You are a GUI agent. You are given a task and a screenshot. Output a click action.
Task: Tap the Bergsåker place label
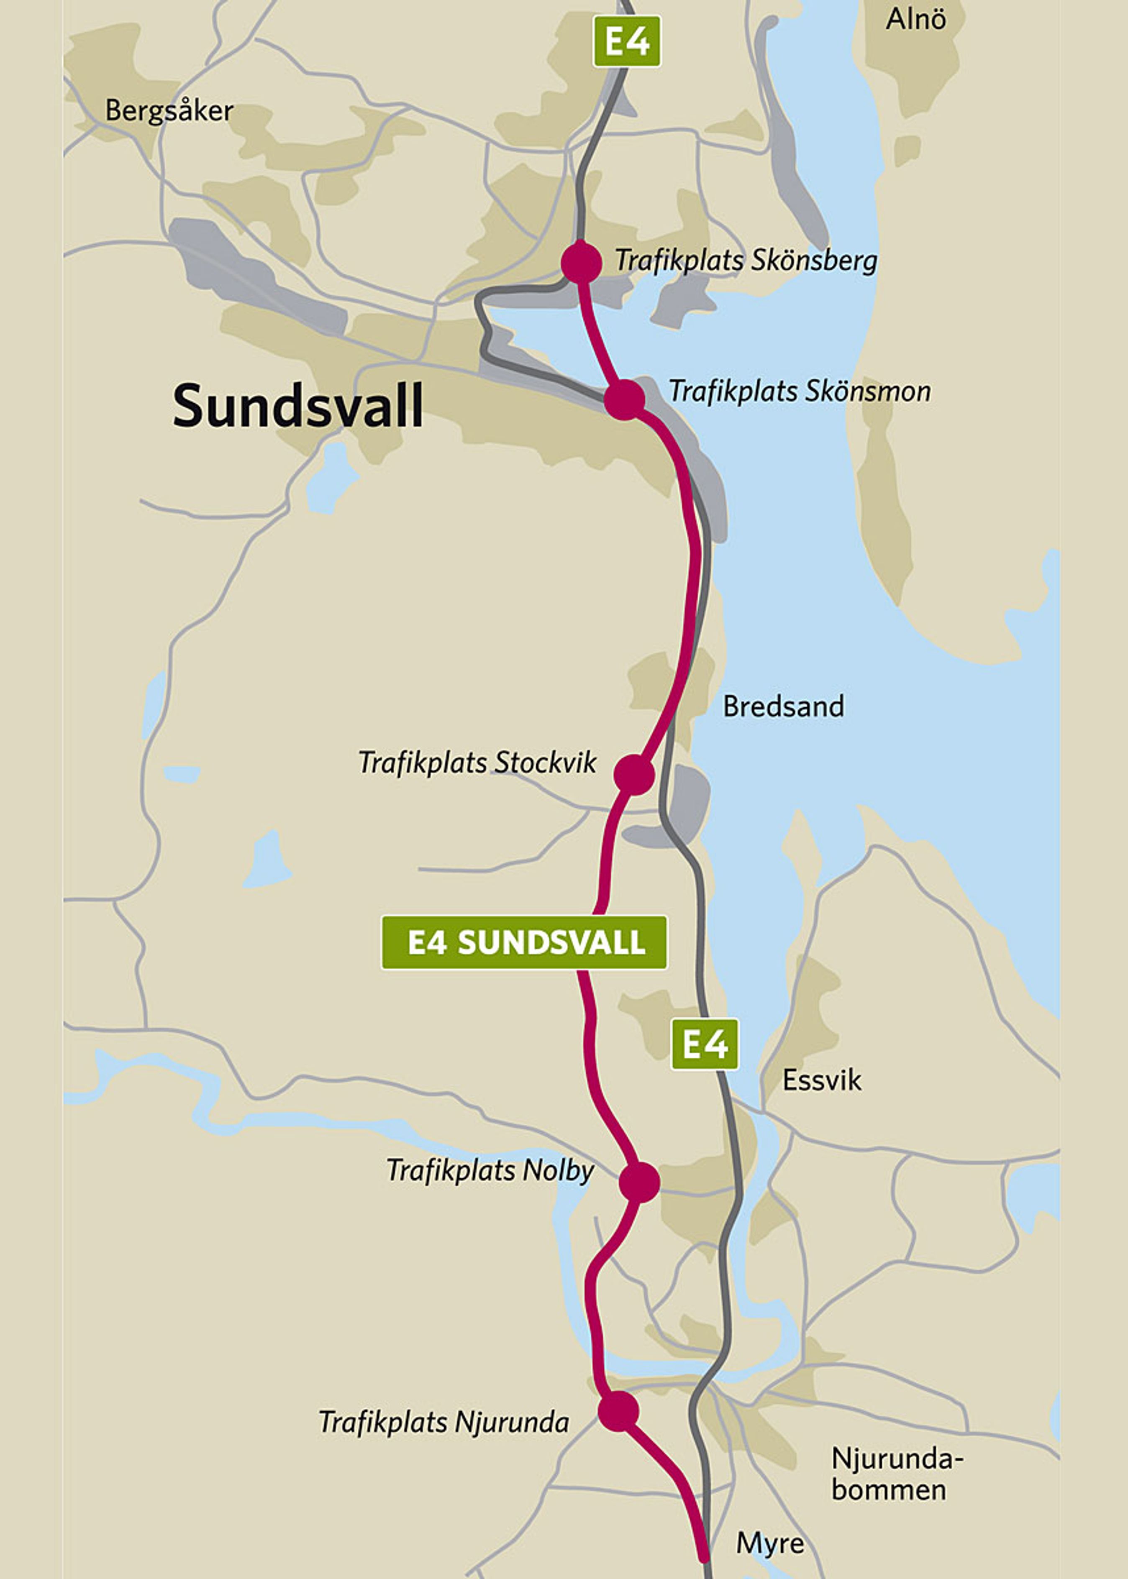[169, 111]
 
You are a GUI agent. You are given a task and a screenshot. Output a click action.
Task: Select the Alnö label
[915, 19]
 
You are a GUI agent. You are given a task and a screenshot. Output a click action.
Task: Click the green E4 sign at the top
[626, 42]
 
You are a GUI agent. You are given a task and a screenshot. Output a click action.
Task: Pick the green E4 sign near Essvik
[704, 1044]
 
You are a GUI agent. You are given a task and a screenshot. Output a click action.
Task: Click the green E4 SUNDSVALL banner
[524, 942]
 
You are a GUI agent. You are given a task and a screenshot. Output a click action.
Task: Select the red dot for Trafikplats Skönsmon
[624, 399]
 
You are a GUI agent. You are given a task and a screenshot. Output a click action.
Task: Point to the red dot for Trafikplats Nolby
[639, 1182]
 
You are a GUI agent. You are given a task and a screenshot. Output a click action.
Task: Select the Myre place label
[769, 1543]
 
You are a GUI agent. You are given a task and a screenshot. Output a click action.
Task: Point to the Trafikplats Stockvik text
[477, 763]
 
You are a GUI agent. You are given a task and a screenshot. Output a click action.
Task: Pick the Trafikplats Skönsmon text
[800, 392]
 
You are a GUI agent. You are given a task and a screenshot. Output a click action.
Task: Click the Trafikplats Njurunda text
[444, 1422]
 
